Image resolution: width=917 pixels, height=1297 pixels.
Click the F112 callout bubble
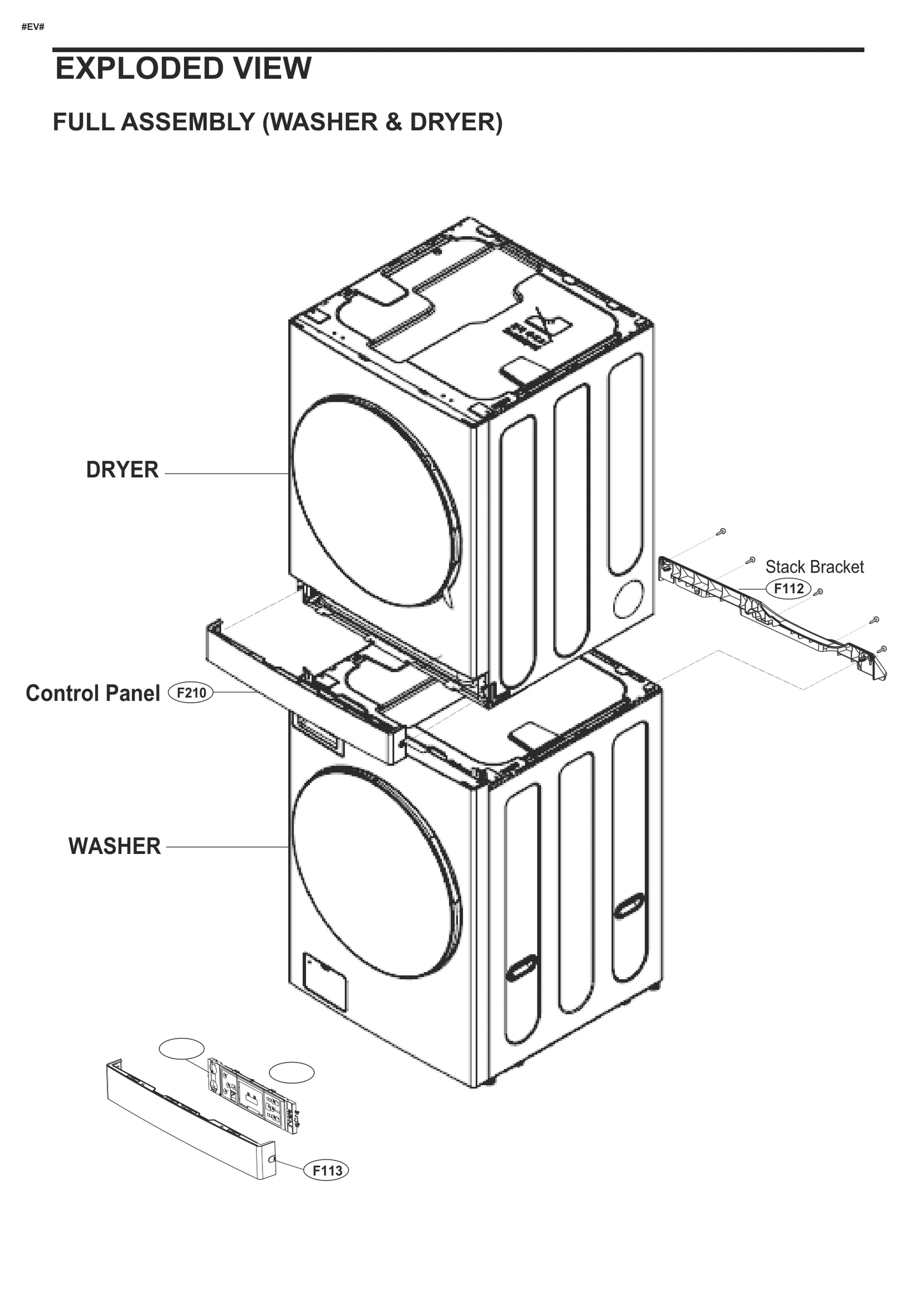788,589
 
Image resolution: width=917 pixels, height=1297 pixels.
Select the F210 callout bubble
191,693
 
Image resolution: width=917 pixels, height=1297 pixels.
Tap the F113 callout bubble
326,1170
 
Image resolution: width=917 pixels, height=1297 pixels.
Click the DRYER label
122,469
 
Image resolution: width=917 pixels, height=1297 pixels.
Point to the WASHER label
115,846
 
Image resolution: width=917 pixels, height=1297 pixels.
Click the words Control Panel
93,693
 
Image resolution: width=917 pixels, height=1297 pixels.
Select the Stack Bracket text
814,567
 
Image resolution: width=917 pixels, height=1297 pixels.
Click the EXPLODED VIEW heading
183,69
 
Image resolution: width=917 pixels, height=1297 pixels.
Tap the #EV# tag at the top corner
33,27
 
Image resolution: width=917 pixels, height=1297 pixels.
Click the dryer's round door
375,500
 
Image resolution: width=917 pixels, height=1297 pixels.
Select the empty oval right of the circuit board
292,1073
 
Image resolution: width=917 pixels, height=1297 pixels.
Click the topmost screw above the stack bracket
722,531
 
